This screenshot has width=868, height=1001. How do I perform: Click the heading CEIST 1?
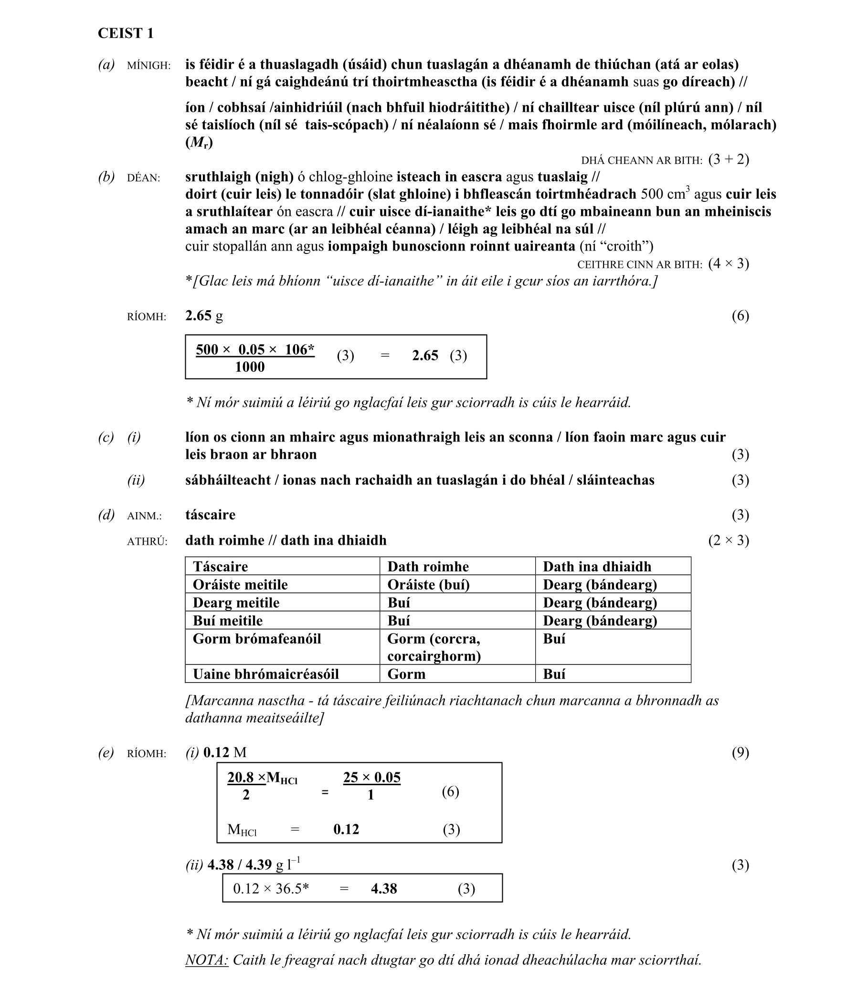[126, 33]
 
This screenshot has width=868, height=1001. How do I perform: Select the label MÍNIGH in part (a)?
[148, 65]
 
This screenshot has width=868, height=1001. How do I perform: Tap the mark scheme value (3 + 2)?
[729, 159]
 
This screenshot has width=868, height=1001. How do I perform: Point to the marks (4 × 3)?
[729, 263]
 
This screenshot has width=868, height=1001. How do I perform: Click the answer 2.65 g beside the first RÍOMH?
[204, 316]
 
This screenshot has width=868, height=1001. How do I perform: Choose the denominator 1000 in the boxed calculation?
[249, 367]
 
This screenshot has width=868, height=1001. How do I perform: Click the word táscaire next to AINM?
[210, 515]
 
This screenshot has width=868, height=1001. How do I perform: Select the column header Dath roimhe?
[428, 567]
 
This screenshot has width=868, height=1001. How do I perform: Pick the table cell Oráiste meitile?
[240, 585]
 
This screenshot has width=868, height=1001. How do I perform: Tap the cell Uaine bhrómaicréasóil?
[265, 674]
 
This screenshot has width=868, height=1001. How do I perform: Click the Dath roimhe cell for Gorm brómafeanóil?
[434, 647]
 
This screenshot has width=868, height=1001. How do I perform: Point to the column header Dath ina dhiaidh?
[597, 567]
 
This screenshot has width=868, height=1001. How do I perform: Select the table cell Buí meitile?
[228, 621]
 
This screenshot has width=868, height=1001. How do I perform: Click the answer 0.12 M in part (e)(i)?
[225, 753]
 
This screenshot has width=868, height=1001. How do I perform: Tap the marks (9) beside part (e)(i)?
[740, 753]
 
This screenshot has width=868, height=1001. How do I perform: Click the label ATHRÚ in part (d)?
[147, 541]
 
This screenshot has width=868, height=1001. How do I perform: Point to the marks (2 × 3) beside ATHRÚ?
[729, 540]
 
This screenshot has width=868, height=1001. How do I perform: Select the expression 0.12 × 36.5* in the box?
[271, 889]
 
